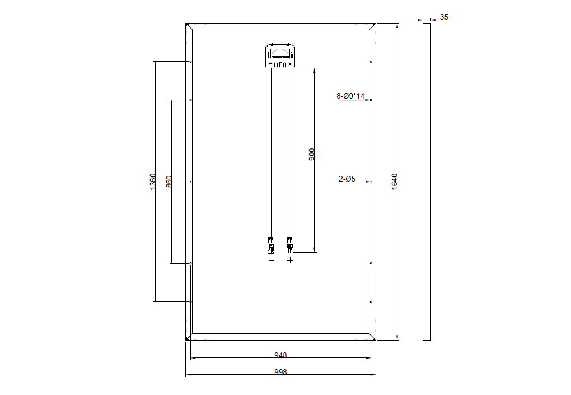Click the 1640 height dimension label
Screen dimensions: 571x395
click(394, 182)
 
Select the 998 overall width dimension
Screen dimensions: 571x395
click(280, 371)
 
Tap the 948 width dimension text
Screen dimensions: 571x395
click(280, 355)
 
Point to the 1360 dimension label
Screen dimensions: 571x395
click(153, 181)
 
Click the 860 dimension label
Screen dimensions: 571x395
click(169, 182)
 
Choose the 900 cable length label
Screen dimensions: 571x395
click(312, 155)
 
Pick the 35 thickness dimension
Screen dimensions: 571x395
click(444, 17)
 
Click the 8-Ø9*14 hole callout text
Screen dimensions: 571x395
click(350, 96)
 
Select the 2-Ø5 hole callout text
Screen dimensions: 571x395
click(347, 179)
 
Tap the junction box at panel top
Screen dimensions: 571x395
click(280, 55)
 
